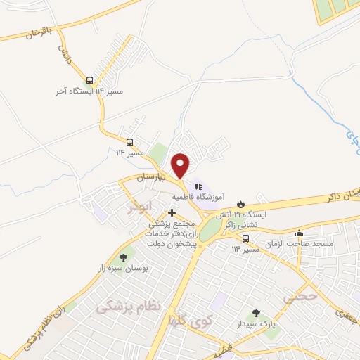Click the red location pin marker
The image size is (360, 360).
[181, 165]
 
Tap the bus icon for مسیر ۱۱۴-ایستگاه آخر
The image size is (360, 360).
[89, 81]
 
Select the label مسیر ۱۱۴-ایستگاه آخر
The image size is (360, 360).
[81, 92]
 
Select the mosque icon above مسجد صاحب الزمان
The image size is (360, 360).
[300, 234]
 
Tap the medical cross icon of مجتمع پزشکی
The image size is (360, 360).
[172, 212]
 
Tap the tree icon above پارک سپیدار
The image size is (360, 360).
[255, 314]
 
